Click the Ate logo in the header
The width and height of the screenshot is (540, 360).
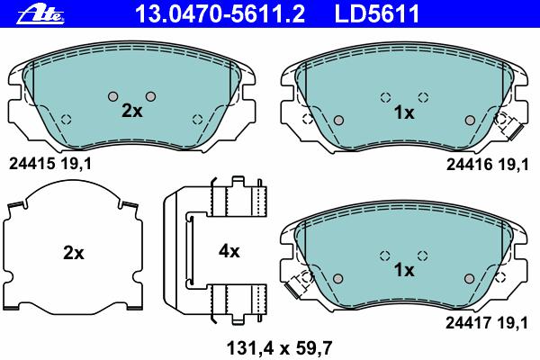tap(40, 14)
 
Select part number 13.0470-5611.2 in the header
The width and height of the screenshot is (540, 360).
tap(220, 13)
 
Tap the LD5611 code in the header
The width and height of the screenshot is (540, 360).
tap(377, 13)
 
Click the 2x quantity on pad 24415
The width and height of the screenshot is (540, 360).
tap(132, 111)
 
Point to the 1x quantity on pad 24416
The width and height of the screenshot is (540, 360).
tap(404, 112)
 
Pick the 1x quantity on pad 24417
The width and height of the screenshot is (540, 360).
tap(404, 270)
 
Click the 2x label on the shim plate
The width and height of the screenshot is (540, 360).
tap(74, 253)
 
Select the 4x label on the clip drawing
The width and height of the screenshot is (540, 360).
tap(229, 252)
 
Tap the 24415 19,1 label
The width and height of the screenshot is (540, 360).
tap(50, 164)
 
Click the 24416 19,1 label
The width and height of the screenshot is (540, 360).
tap(487, 165)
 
